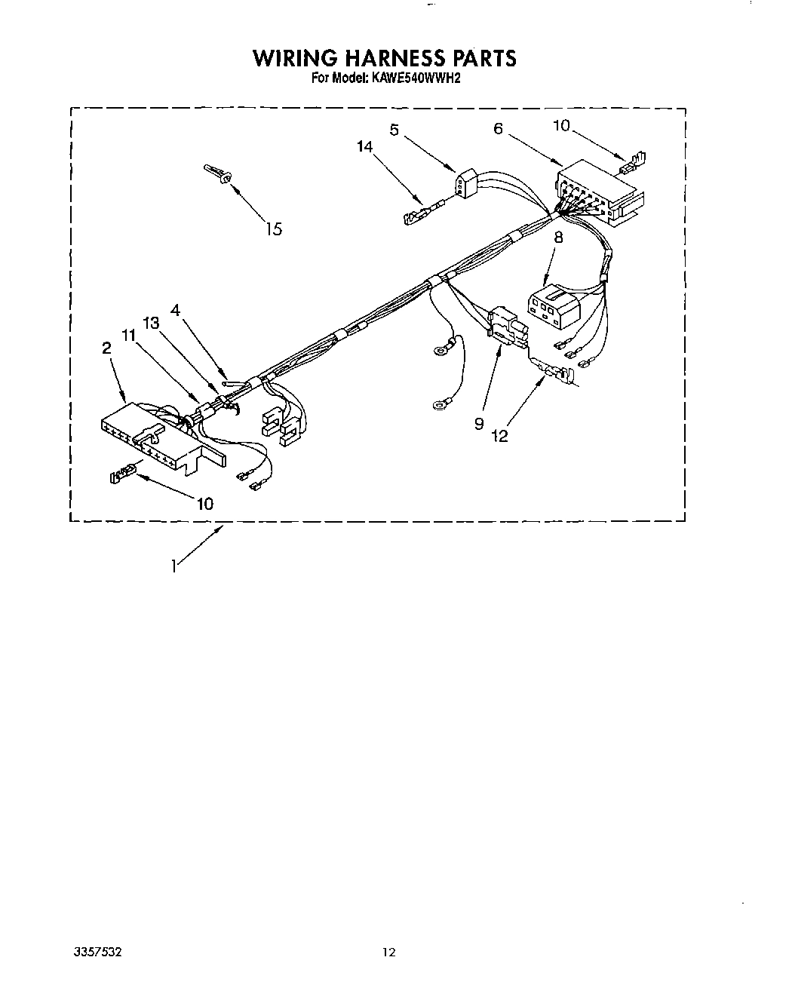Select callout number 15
[274, 229]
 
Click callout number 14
[365, 148]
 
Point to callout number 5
[394, 130]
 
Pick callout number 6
[498, 128]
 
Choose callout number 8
[558, 236]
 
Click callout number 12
[499, 435]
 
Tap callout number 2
[106, 348]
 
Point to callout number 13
[151, 323]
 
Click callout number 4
[175, 309]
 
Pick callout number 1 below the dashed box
[174, 565]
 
